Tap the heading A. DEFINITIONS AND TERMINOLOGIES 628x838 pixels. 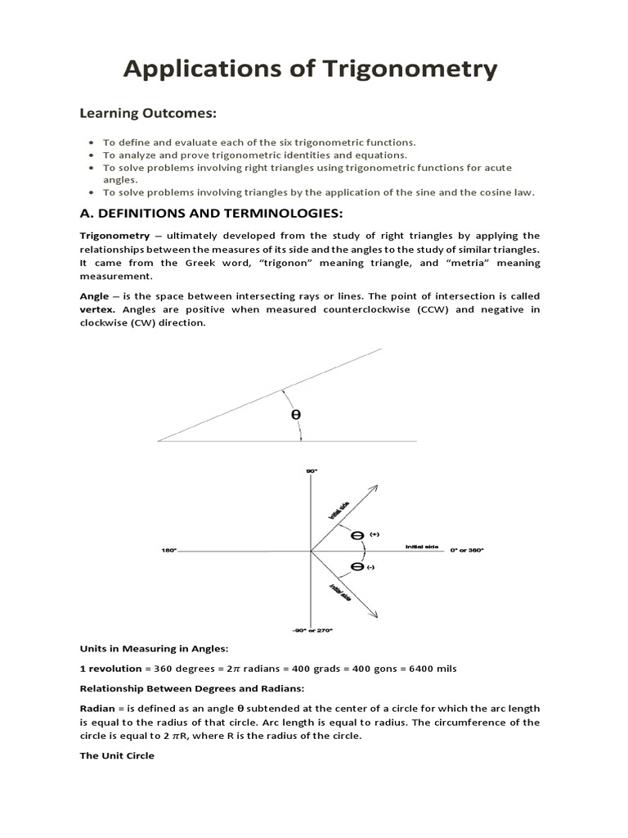tap(191, 214)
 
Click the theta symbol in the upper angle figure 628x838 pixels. tap(296, 415)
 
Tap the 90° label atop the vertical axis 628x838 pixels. tap(311, 471)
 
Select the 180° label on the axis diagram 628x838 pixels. tap(168, 551)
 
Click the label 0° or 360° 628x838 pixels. tap(467, 551)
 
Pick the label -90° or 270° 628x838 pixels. tap(312, 630)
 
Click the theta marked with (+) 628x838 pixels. tap(357, 536)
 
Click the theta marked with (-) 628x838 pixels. tap(357, 566)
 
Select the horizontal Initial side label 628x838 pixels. tap(421, 546)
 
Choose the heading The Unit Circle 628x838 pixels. tap(116, 755)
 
